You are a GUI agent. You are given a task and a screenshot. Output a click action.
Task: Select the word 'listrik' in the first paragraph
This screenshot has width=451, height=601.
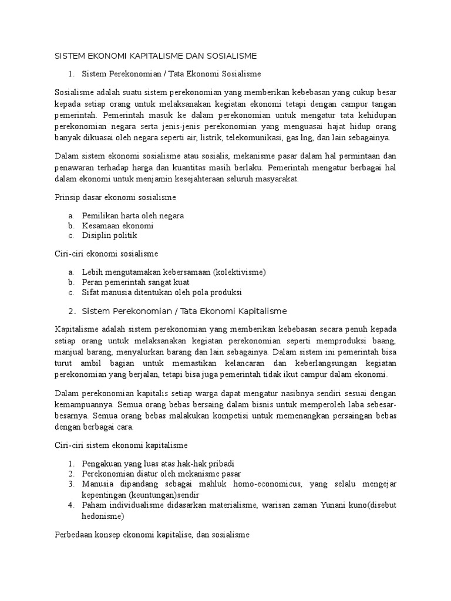[208, 137]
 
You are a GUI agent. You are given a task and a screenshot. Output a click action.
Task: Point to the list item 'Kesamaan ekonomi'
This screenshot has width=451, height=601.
[117, 225]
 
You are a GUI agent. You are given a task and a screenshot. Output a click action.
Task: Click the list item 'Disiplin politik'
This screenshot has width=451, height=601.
[110, 235]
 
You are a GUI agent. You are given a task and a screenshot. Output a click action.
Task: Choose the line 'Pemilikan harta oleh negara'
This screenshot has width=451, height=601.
[133, 215]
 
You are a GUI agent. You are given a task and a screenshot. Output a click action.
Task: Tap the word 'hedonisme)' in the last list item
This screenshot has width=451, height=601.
[103, 516]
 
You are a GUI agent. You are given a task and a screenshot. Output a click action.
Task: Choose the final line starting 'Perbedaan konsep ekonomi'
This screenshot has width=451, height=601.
[152, 535]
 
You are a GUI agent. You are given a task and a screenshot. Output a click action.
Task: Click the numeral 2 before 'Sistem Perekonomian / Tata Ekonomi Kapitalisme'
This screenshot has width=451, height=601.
[71, 311]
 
